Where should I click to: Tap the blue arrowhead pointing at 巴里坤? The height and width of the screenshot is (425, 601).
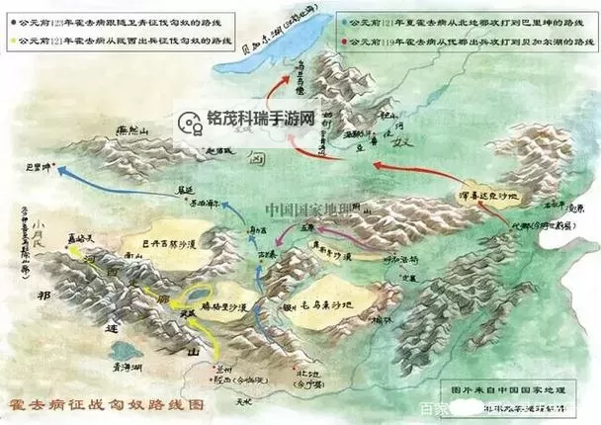[60, 170]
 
